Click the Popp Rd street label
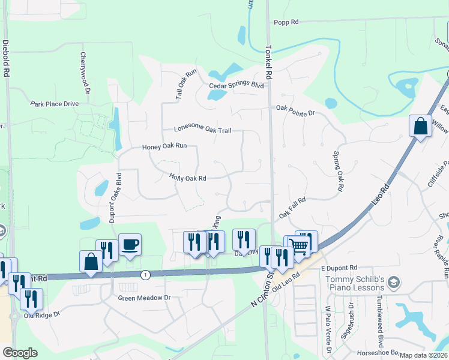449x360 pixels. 286,23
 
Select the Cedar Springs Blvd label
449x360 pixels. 237,86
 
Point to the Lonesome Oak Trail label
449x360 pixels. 202,129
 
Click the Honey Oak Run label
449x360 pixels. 164,146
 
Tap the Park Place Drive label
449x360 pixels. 55,104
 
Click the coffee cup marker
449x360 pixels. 130,244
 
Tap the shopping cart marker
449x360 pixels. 298,244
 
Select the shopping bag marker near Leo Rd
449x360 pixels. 420,127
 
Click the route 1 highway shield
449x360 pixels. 145,274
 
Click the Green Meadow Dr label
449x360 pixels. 144,298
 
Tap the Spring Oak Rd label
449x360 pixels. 338,170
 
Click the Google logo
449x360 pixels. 20,353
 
